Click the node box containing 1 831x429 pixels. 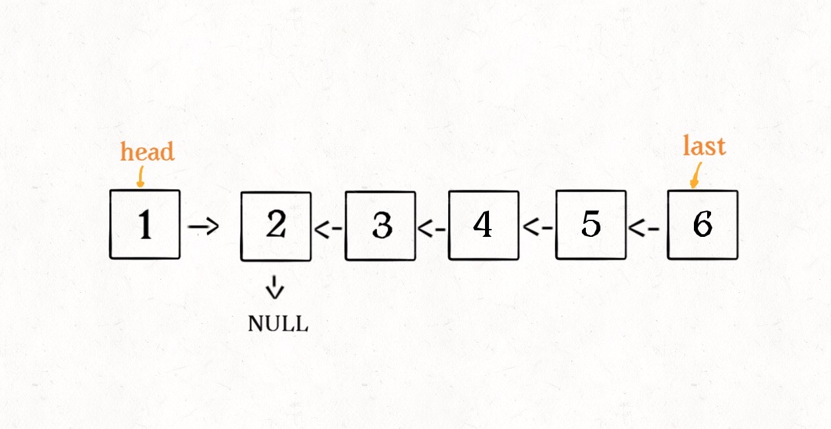(x=145, y=224)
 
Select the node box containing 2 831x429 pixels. (x=275, y=226)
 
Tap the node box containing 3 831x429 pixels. (x=380, y=226)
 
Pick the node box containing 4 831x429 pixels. (x=483, y=225)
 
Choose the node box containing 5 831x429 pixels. (x=590, y=225)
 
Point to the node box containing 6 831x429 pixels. (x=702, y=225)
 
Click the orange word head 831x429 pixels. (x=147, y=151)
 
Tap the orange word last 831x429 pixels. (x=704, y=145)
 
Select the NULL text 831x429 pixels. (x=277, y=324)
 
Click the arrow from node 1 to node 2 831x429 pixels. (x=203, y=228)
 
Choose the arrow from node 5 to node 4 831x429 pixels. (x=538, y=228)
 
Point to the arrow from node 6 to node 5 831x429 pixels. (x=644, y=229)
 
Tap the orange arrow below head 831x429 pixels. (x=140, y=176)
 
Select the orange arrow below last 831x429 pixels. (x=694, y=176)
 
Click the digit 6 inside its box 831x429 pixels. (x=702, y=225)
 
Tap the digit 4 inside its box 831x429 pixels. (x=483, y=225)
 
